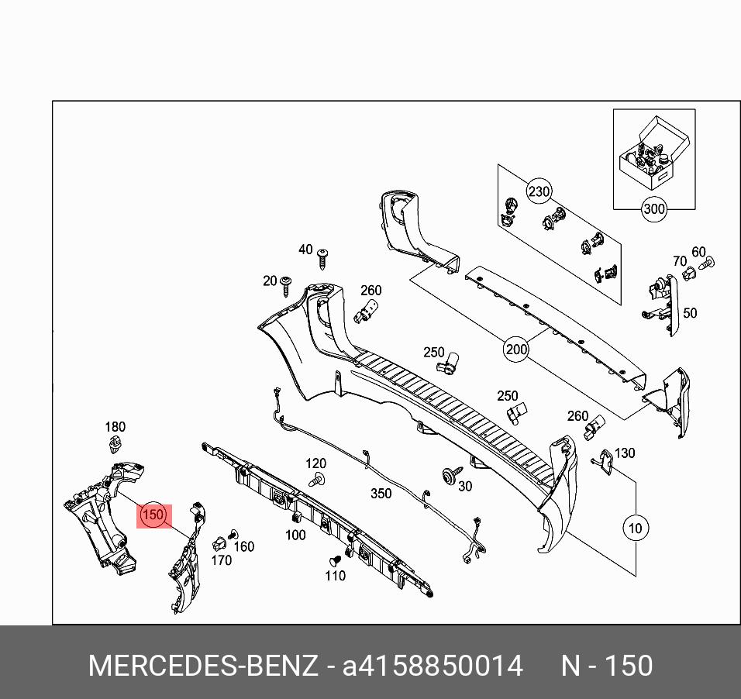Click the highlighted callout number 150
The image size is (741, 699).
pyautogui.click(x=153, y=515)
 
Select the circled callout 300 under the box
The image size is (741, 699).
pyautogui.click(x=654, y=208)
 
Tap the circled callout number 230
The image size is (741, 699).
pyautogui.click(x=539, y=191)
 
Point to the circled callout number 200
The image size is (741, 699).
pyautogui.click(x=516, y=349)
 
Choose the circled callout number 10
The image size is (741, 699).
pyautogui.click(x=635, y=529)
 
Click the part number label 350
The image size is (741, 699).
pyautogui.click(x=381, y=494)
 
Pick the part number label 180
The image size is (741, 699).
pyautogui.click(x=115, y=427)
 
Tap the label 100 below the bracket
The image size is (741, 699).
pyautogui.click(x=295, y=535)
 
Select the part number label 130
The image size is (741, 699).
pyautogui.click(x=624, y=453)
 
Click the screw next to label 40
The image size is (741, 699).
pyautogui.click(x=325, y=256)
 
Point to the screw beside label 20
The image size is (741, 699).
pyautogui.click(x=287, y=284)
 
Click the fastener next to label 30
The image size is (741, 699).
pyautogui.click(x=449, y=476)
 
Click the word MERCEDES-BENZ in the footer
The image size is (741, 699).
pyautogui.click(x=203, y=666)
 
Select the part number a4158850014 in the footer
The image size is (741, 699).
pyautogui.click(x=433, y=666)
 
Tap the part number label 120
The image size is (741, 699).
pyautogui.click(x=315, y=463)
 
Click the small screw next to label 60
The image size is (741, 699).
pyautogui.click(x=706, y=263)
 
